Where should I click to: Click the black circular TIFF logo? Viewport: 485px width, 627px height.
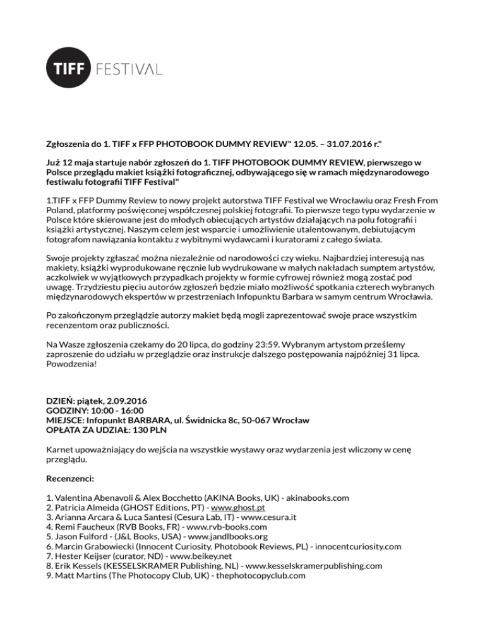point(69,69)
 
